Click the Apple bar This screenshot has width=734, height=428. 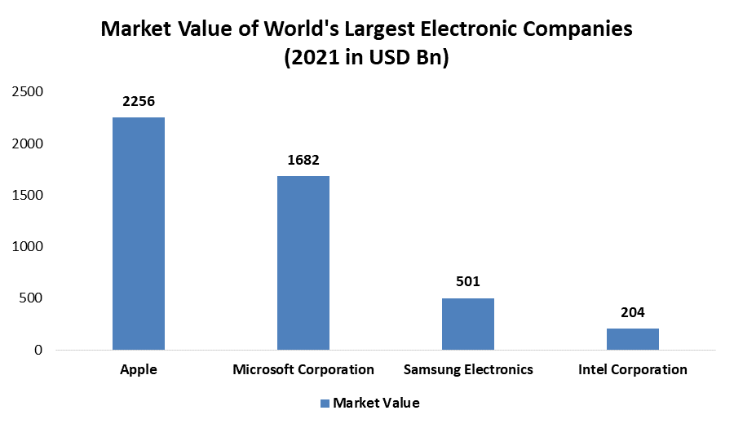139,234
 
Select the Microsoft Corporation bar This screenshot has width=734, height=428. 303,263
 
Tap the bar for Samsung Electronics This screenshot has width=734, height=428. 468,324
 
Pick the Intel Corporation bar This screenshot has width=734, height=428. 633,339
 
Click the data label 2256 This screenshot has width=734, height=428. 139,101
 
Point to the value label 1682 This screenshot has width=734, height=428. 303,160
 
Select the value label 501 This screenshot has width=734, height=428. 468,282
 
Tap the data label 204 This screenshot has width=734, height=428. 633,312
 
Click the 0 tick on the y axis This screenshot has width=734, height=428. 38,351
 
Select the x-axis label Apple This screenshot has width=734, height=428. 139,369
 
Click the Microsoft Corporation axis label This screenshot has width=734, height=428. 303,369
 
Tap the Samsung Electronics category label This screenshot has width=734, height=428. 468,369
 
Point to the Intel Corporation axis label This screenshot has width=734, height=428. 633,369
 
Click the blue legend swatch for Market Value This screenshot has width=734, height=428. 325,403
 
